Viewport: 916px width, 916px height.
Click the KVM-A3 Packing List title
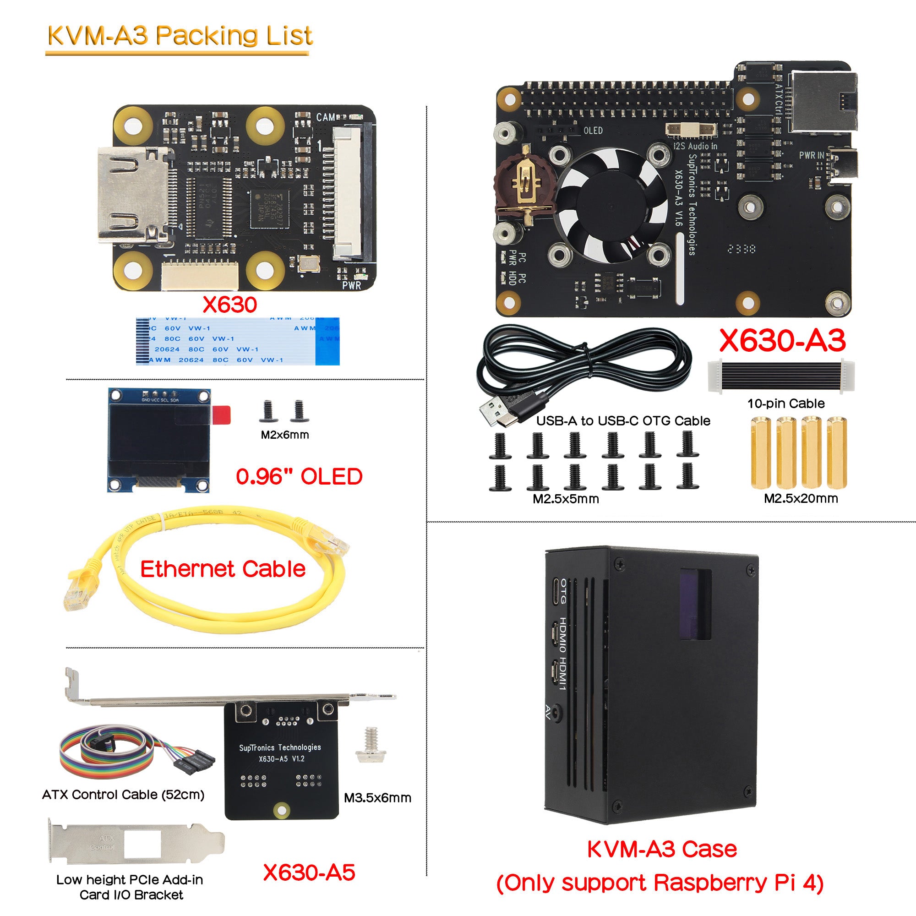coord(180,36)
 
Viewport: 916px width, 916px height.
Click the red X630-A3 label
coord(782,340)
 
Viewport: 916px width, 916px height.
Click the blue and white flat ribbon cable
coord(237,341)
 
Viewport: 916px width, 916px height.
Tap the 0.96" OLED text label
coord(299,476)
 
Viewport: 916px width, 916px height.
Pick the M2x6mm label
coord(284,435)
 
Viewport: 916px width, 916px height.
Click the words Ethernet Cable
coord(223,569)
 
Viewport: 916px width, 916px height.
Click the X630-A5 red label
coord(309,872)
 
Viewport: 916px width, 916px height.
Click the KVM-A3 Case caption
coord(661,849)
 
